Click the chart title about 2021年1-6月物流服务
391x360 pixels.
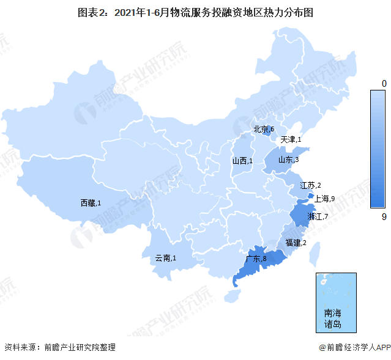(196, 12)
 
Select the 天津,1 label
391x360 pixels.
(291, 140)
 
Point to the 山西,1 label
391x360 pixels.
(242, 161)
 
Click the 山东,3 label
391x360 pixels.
(288, 160)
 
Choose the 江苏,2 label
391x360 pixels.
(310, 185)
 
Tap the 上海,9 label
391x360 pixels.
(324, 199)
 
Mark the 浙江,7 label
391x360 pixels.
(318, 217)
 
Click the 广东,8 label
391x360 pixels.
(256, 259)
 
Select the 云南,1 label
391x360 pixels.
(165, 259)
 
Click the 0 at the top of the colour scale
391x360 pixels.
(384, 83)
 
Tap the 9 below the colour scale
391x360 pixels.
(383, 216)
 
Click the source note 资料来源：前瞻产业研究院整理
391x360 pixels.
(60, 348)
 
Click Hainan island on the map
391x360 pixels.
(231, 296)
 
